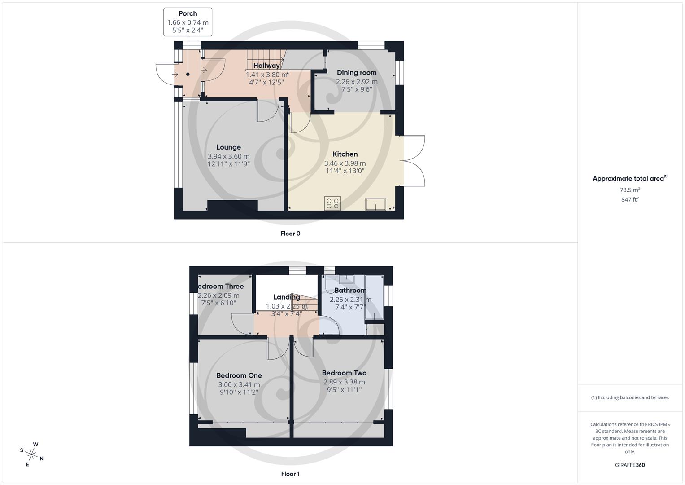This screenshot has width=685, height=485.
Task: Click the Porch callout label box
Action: click(x=188, y=22)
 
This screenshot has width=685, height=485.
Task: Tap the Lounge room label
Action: click(x=228, y=147)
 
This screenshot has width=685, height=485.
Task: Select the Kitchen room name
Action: click(x=345, y=154)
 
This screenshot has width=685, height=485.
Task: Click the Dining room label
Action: click(x=357, y=73)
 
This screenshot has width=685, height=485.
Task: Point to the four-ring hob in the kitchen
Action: click(x=332, y=203)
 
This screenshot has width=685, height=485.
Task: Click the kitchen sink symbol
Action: click(x=375, y=204)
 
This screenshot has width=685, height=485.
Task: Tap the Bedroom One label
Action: click(x=239, y=375)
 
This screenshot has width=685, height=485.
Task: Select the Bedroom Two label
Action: click(x=344, y=373)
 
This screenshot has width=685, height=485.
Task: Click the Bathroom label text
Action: click(x=350, y=291)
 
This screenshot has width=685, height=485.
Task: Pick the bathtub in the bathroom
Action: click(x=374, y=297)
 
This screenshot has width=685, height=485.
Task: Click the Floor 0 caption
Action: click(x=290, y=234)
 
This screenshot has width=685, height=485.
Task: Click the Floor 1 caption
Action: click(x=290, y=474)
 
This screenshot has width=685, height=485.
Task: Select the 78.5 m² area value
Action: click(x=630, y=190)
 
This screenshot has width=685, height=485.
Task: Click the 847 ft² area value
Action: click(x=630, y=200)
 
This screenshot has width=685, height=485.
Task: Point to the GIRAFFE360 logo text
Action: click(x=630, y=465)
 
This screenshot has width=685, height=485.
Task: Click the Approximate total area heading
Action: click(x=629, y=179)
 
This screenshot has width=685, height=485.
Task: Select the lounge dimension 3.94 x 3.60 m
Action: click(x=228, y=156)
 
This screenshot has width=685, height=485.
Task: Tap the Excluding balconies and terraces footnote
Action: click(x=630, y=397)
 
